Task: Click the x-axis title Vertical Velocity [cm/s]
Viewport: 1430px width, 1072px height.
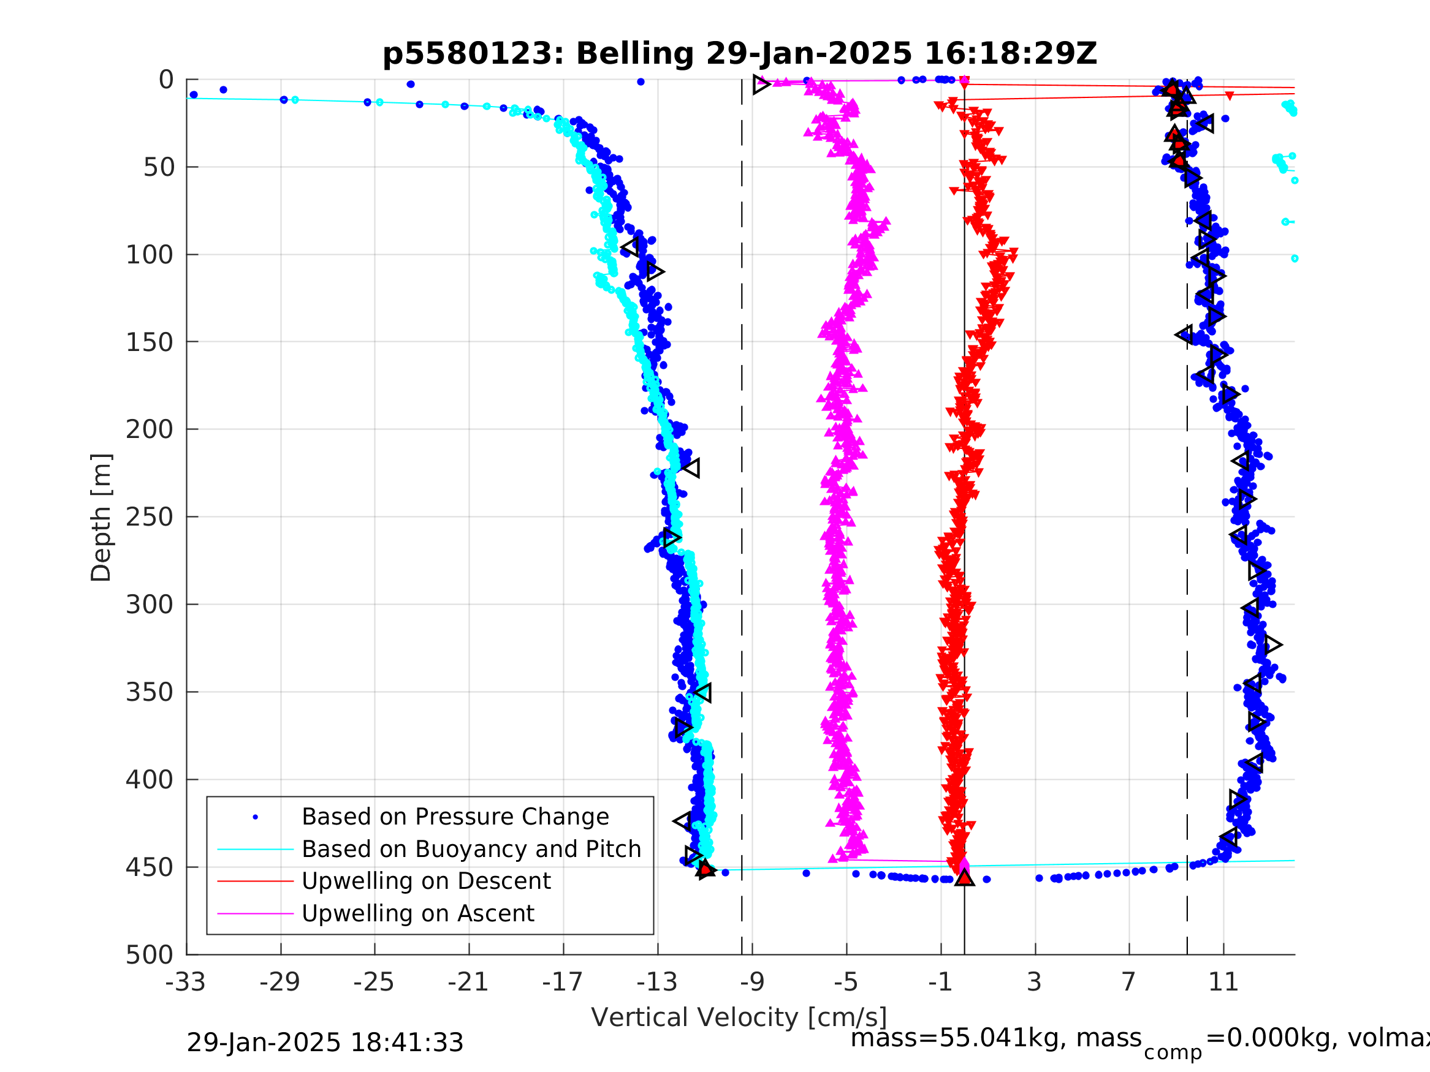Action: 739,1017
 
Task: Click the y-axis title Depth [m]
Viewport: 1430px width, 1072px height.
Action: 102,517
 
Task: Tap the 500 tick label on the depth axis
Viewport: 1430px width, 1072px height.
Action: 150,955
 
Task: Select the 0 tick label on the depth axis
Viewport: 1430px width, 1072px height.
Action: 166,80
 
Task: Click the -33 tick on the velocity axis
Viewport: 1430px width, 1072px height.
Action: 186,982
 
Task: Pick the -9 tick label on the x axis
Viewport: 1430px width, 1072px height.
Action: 752,982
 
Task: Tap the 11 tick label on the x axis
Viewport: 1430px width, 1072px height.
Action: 1223,982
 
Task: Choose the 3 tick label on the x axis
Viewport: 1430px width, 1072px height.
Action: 1035,982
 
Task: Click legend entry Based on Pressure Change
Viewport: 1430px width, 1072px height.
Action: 455,817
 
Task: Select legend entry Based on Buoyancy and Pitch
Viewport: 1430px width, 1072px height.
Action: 471,849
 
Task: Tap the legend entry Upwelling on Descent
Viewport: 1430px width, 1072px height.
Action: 426,881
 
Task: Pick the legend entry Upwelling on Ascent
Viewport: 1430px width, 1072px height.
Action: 417,913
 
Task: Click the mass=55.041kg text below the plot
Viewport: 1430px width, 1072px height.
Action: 995,1038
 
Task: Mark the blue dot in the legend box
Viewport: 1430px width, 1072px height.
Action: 256,817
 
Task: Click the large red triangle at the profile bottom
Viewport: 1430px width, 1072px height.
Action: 964,877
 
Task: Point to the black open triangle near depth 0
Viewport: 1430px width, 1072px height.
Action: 761,84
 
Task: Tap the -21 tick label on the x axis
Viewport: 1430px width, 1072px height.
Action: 469,982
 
